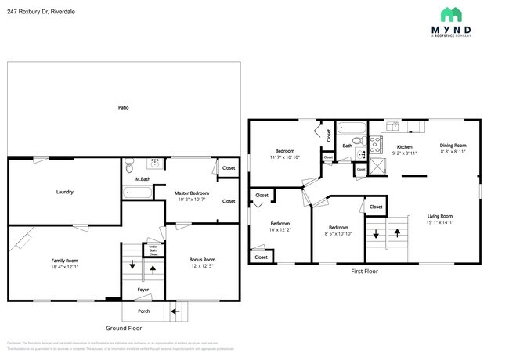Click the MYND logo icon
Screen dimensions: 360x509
click(452, 14)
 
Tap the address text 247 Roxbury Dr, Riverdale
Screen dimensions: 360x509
click(41, 12)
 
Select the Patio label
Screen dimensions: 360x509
click(124, 107)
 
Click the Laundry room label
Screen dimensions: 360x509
click(64, 192)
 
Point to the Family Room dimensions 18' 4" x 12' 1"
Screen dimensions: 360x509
click(66, 267)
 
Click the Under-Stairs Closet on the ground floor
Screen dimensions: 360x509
click(153, 251)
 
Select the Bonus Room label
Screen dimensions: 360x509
click(202, 260)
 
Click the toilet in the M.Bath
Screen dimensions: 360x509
click(131, 165)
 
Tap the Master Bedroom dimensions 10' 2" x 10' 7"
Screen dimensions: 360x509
click(192, 199)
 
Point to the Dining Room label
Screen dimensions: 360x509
click(453, 145)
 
